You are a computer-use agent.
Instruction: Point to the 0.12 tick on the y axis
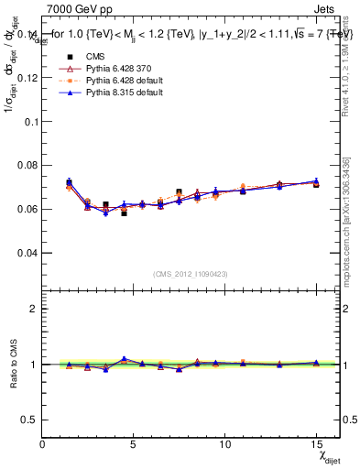click(27, 78)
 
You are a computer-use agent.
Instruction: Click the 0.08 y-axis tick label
click(27, 165)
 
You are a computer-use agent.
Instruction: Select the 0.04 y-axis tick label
click(27, 252)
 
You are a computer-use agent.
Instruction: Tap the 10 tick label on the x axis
click(225, 444)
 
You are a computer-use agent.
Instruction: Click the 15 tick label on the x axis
click(316, 444)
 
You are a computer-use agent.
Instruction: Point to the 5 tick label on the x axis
click(134, 444)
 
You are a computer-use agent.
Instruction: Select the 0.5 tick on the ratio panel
click(28, 420)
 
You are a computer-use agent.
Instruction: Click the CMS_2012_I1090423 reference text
click(191, 274)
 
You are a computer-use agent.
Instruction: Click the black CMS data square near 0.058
click(124, 213)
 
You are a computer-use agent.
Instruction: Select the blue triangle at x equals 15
click(316, 181)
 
